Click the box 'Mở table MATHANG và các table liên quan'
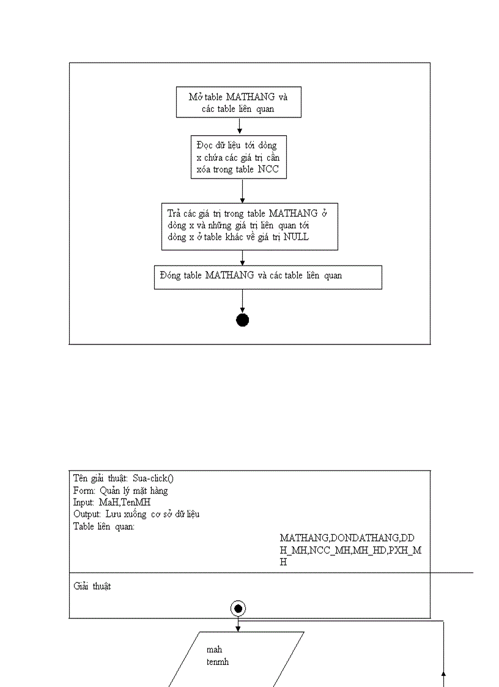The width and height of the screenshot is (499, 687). point(238,103)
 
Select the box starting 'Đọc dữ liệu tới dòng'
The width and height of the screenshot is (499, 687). point(238,157)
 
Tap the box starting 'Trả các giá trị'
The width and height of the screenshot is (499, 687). point(250,226)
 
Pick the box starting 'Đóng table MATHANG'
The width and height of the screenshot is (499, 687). point(268,277)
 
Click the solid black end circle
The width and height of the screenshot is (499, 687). point(243,320)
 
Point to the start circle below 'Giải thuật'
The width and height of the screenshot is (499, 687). point(238,608)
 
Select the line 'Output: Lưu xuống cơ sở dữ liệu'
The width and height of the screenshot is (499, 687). point(136,514)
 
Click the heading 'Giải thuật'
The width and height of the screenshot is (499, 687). point(92,586)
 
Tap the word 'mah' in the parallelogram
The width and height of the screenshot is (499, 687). point(214,650)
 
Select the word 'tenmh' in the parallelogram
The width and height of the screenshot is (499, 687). point(218,661)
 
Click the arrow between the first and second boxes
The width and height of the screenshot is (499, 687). point(239,125)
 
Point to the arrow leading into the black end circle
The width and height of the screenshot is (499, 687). point(243,301)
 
